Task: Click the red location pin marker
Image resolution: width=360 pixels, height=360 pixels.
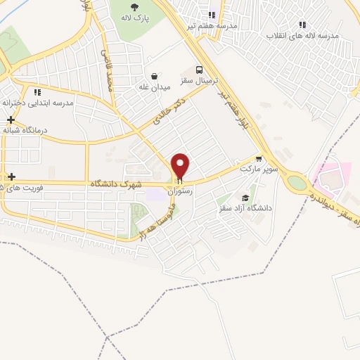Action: pos(181,166)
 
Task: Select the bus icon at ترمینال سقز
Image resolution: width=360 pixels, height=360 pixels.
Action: pos(200,70)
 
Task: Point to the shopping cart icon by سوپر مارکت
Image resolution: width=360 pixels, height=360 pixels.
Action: pos(259,159)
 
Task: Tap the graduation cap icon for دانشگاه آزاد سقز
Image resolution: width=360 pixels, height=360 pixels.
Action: pos(245,198)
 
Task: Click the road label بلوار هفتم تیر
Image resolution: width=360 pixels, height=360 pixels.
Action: pos(234,106)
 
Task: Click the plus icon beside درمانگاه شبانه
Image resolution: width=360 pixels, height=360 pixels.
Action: pos(10,120)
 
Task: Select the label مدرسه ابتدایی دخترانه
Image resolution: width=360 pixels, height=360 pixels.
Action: pos(38,103)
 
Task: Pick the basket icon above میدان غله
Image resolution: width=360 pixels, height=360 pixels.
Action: pos(154,77)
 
